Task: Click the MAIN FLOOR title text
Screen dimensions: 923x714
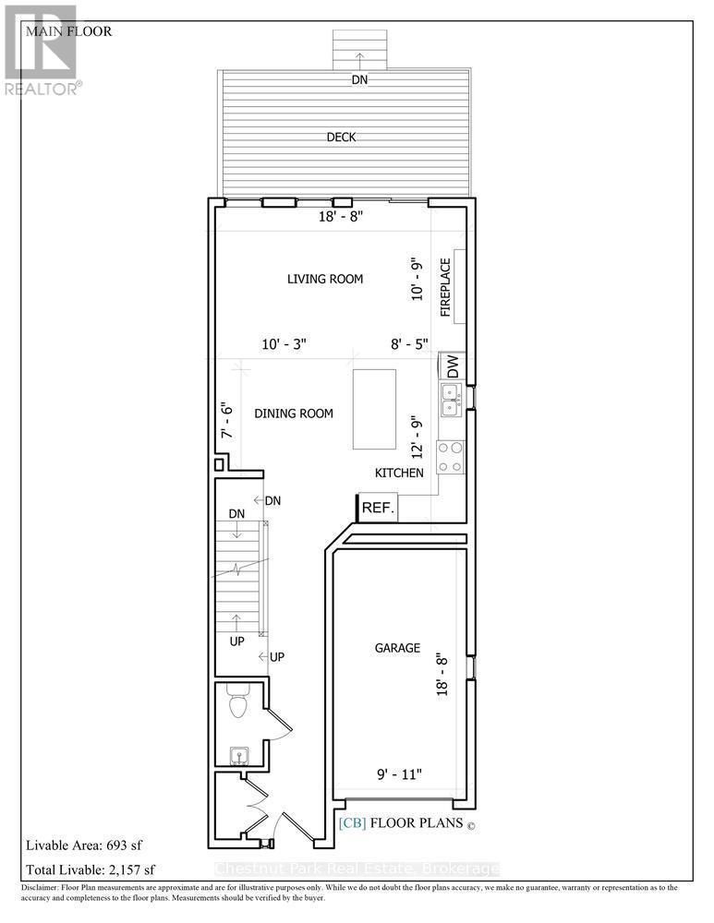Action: (69, 31)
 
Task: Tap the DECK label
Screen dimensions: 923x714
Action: (341, 138)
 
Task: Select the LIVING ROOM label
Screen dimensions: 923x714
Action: (324, 279)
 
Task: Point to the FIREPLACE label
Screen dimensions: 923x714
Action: (445, 287)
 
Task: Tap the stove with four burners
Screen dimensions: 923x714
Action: (451, 457)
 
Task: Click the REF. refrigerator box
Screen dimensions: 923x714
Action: (378, 508)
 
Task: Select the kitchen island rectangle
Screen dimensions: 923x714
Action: (374, 409)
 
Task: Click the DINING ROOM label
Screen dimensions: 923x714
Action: (295, 414)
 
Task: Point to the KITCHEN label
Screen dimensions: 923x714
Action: (399, 473)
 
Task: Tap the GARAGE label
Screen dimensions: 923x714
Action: (397, 648)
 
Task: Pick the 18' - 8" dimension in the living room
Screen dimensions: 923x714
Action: (341, 216)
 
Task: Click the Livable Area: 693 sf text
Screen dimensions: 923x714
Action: (84, 845)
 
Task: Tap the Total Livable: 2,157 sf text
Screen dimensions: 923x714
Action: (91, 869)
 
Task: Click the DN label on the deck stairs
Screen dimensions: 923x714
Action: (359, 80)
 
